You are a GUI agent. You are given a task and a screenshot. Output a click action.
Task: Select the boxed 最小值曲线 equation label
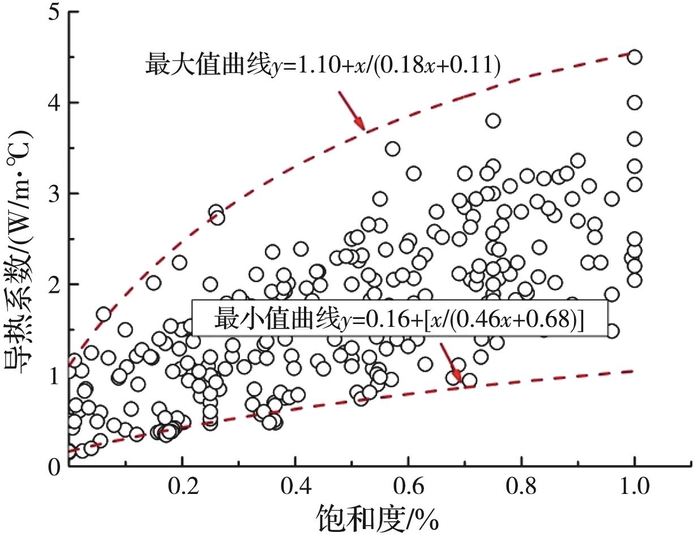400,319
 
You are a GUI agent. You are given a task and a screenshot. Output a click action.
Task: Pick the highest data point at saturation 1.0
635,57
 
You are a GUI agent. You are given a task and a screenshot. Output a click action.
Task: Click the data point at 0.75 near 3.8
493,121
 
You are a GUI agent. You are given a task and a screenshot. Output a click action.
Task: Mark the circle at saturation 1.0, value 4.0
635,103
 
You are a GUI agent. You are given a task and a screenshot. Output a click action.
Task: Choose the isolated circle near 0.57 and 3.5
392,149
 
